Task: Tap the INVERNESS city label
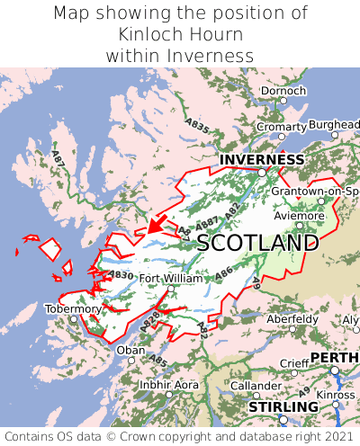(x=262, y=159)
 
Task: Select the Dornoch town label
(x=283, y=91)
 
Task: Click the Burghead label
(x=333, y=124)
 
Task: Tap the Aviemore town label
(x=298, y=216)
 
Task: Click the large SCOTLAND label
(x=257, y=243)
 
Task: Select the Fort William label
(x=171, y=279)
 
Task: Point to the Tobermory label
(x=74, y=308)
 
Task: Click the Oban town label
(x=130, y=350)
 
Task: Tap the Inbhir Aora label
(x=169, y=385)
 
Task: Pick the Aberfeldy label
(x=292, y=318)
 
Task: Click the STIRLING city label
(x=283, y=407)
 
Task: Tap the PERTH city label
(x=334, y=358)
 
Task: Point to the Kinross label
(x=336, y=394)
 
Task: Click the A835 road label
(x=198, y=124)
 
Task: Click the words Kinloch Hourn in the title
(x=180, y=34)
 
